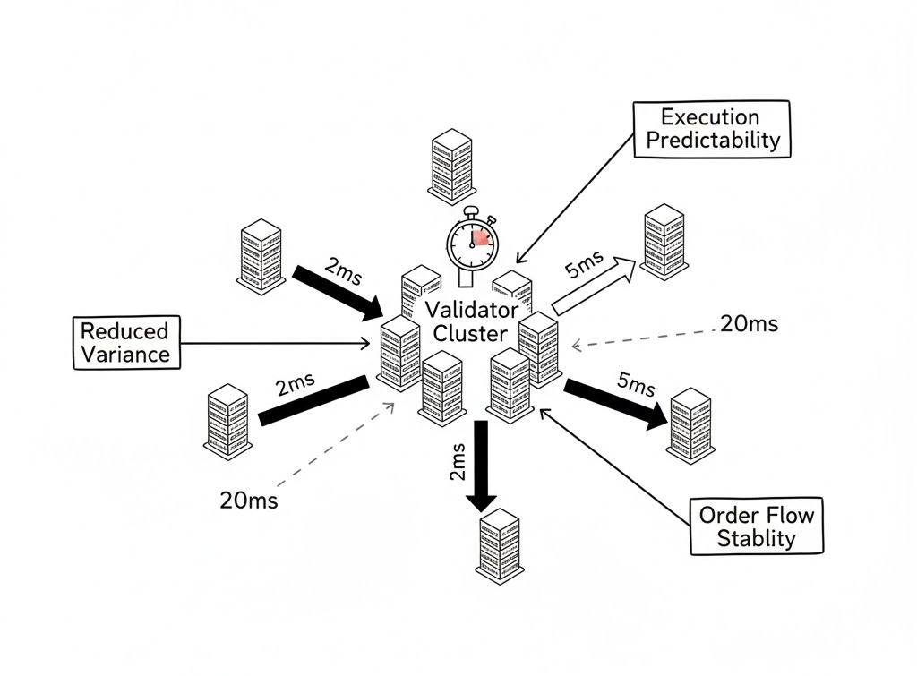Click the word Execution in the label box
tap(709, 117)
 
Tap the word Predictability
tap(713, 141)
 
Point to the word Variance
tap(124, 354)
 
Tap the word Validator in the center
tap(471, 311)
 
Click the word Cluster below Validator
tap(470, 333)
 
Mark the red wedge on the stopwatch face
tap(482, 236)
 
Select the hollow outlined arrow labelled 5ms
tap(593, 284)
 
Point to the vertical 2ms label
tap(458, 461)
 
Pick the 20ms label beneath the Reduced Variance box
tap(248, 501)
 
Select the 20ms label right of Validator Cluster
tap(749, 324)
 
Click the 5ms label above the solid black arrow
tap(636, 382)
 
